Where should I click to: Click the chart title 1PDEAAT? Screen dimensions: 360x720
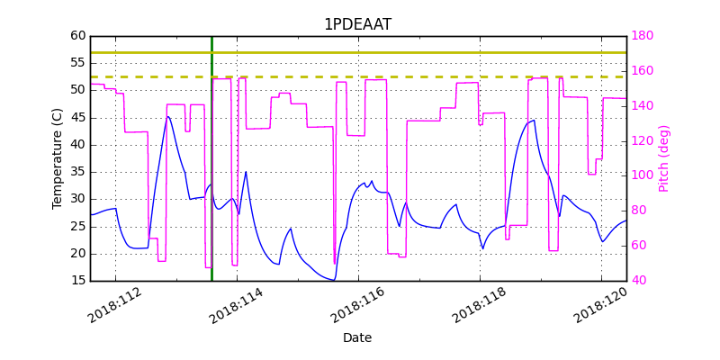pos(357,24)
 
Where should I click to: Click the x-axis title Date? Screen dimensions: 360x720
pos(357,338)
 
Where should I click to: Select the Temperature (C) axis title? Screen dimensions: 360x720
pos(58,158)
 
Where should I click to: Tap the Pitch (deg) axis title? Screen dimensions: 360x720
pos(664,158)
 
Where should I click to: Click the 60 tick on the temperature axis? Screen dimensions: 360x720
pos(78,36)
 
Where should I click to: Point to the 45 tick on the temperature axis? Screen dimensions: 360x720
pos(78,117)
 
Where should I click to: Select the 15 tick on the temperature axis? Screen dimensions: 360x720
pos(78,280)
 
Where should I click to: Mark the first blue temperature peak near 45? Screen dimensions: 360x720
pos(167,116)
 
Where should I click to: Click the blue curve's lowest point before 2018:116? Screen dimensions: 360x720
pos(334,280)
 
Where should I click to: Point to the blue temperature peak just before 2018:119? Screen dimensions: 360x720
pos(534,121)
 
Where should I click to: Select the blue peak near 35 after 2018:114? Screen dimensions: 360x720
pos(246,172)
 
